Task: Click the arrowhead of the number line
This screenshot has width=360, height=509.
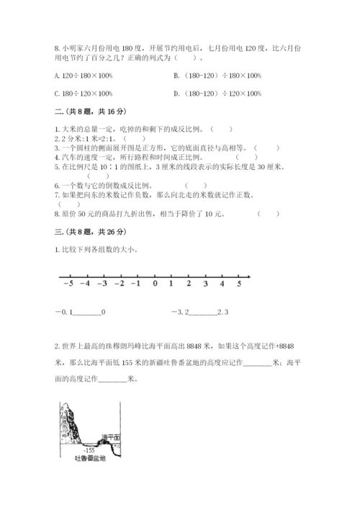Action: coord(248,276)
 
